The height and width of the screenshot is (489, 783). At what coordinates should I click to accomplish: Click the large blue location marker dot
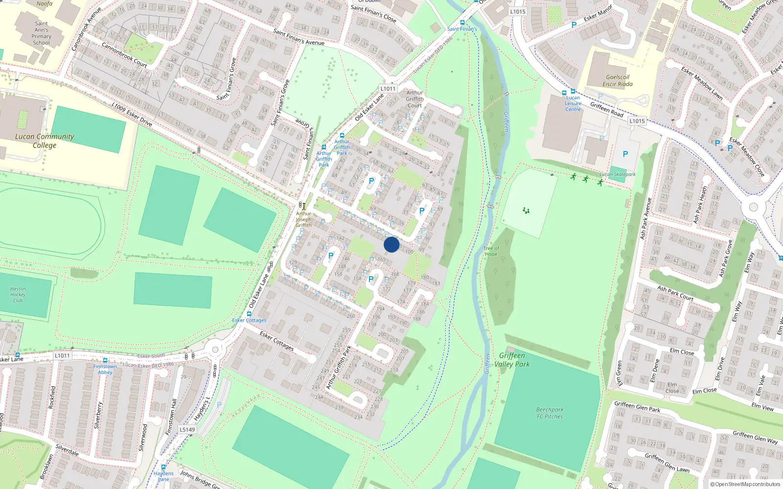coord(391,244)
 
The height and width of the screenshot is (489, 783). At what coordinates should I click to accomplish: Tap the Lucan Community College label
coord(45,141)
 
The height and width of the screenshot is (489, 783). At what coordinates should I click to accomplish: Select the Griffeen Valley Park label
coord(512,360)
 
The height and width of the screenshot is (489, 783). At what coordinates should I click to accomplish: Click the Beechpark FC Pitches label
coord(550,413)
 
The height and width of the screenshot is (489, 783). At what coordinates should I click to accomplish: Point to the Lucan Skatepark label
coord(618,175)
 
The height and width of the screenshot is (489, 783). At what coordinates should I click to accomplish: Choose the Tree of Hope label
coord(491,251)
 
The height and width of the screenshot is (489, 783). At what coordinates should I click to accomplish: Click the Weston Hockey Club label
coord(18,294)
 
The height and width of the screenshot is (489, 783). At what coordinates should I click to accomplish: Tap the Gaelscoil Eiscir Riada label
coord(618,81)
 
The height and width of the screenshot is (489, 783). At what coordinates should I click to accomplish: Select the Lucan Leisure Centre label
coord(573,104)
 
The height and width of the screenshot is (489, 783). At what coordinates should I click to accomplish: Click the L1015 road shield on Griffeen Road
coord(637,121)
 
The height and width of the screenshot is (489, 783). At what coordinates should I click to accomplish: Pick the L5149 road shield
coord(187,430)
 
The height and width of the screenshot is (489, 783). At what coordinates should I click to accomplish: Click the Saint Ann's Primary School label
coord(42,33)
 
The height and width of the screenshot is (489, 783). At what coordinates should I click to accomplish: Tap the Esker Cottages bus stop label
coord(249,320)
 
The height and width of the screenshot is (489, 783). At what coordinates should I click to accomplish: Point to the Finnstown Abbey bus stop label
coord(105,369)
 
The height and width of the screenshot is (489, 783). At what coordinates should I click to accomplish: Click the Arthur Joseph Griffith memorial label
coord(303,220)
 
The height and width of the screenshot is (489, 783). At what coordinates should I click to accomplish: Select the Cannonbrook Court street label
coord(124,54)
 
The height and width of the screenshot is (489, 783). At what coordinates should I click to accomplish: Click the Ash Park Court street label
coord(675,293)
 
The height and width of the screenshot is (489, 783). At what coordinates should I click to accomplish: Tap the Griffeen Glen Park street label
coord(637,407)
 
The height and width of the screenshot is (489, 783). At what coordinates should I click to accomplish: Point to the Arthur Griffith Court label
coord(415,99)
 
